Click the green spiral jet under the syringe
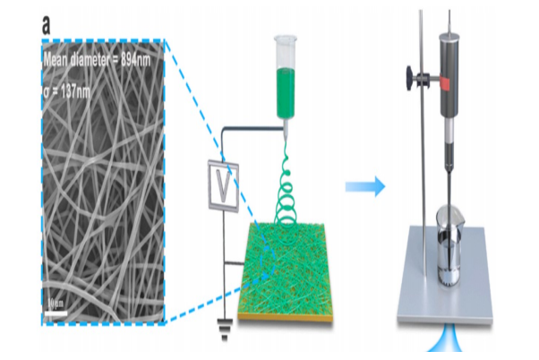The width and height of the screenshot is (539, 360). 287,188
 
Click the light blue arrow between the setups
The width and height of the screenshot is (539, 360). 366,187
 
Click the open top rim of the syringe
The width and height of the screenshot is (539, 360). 286,37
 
